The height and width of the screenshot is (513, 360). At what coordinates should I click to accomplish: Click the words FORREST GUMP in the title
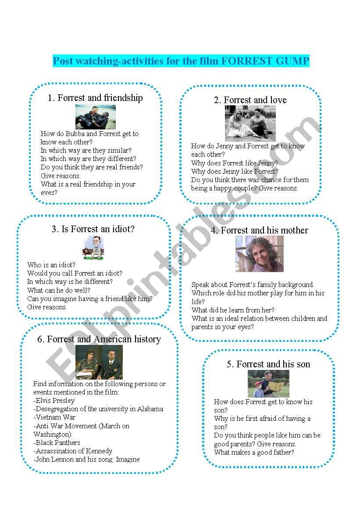[x=265, y=61]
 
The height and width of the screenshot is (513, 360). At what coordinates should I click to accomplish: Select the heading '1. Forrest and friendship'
[x=95, y=97]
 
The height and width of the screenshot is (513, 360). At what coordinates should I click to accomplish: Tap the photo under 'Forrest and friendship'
[x=96, y=116]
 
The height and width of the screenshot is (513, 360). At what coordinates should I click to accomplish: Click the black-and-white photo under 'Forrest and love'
[x=250, y=123]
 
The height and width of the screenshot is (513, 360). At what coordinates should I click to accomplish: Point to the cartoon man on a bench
[x=93, y=248]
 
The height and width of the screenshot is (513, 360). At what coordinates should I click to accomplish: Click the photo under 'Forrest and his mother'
[x=260, y=254]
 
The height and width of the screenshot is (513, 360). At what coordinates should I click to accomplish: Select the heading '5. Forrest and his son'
[x=268, y=364]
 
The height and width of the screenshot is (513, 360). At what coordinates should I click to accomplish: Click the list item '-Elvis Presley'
[x=54, y=401]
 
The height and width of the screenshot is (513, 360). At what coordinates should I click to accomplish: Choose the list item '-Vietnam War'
[x=54, y=417]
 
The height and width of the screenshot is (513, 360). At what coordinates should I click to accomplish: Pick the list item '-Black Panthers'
[x=57, y=443]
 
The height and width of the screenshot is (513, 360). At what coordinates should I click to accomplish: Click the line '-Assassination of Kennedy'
[x=73, y=451]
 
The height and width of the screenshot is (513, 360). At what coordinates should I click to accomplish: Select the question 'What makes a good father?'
[x=254, y=452]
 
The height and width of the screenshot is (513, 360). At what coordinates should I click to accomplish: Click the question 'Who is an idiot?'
[x=51, y=265]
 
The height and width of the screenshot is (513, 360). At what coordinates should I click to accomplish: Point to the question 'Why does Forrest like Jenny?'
[x=235, y=163]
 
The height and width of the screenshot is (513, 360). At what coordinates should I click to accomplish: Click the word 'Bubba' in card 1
[x=75, y=133]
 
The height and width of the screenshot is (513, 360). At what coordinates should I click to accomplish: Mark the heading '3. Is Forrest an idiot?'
[x=93, y=229]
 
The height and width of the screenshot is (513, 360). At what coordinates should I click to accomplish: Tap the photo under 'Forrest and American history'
[x=99, y=362]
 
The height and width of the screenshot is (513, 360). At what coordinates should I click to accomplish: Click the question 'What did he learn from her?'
[x=233, y=310]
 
